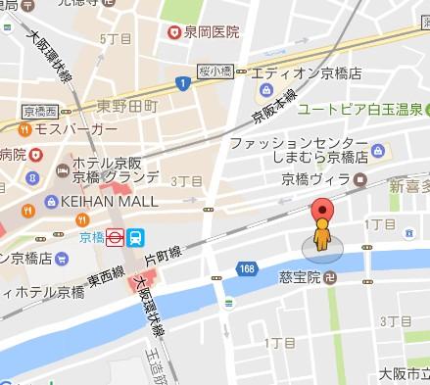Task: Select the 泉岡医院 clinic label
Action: pyautogui.click(x=212, y=32)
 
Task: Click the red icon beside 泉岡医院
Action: pyautogui.click(x=174, y=32)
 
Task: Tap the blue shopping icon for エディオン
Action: pyautogui.click(x=264, y=91)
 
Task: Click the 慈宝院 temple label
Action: pyautogui.click(x=298, y=275)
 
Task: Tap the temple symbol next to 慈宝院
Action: pyautogui.click(x=330, y=275)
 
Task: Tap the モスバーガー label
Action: pyautogui.click(x=70, y=129)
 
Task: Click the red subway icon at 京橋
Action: pyautogui.click(x=114, y=235)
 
